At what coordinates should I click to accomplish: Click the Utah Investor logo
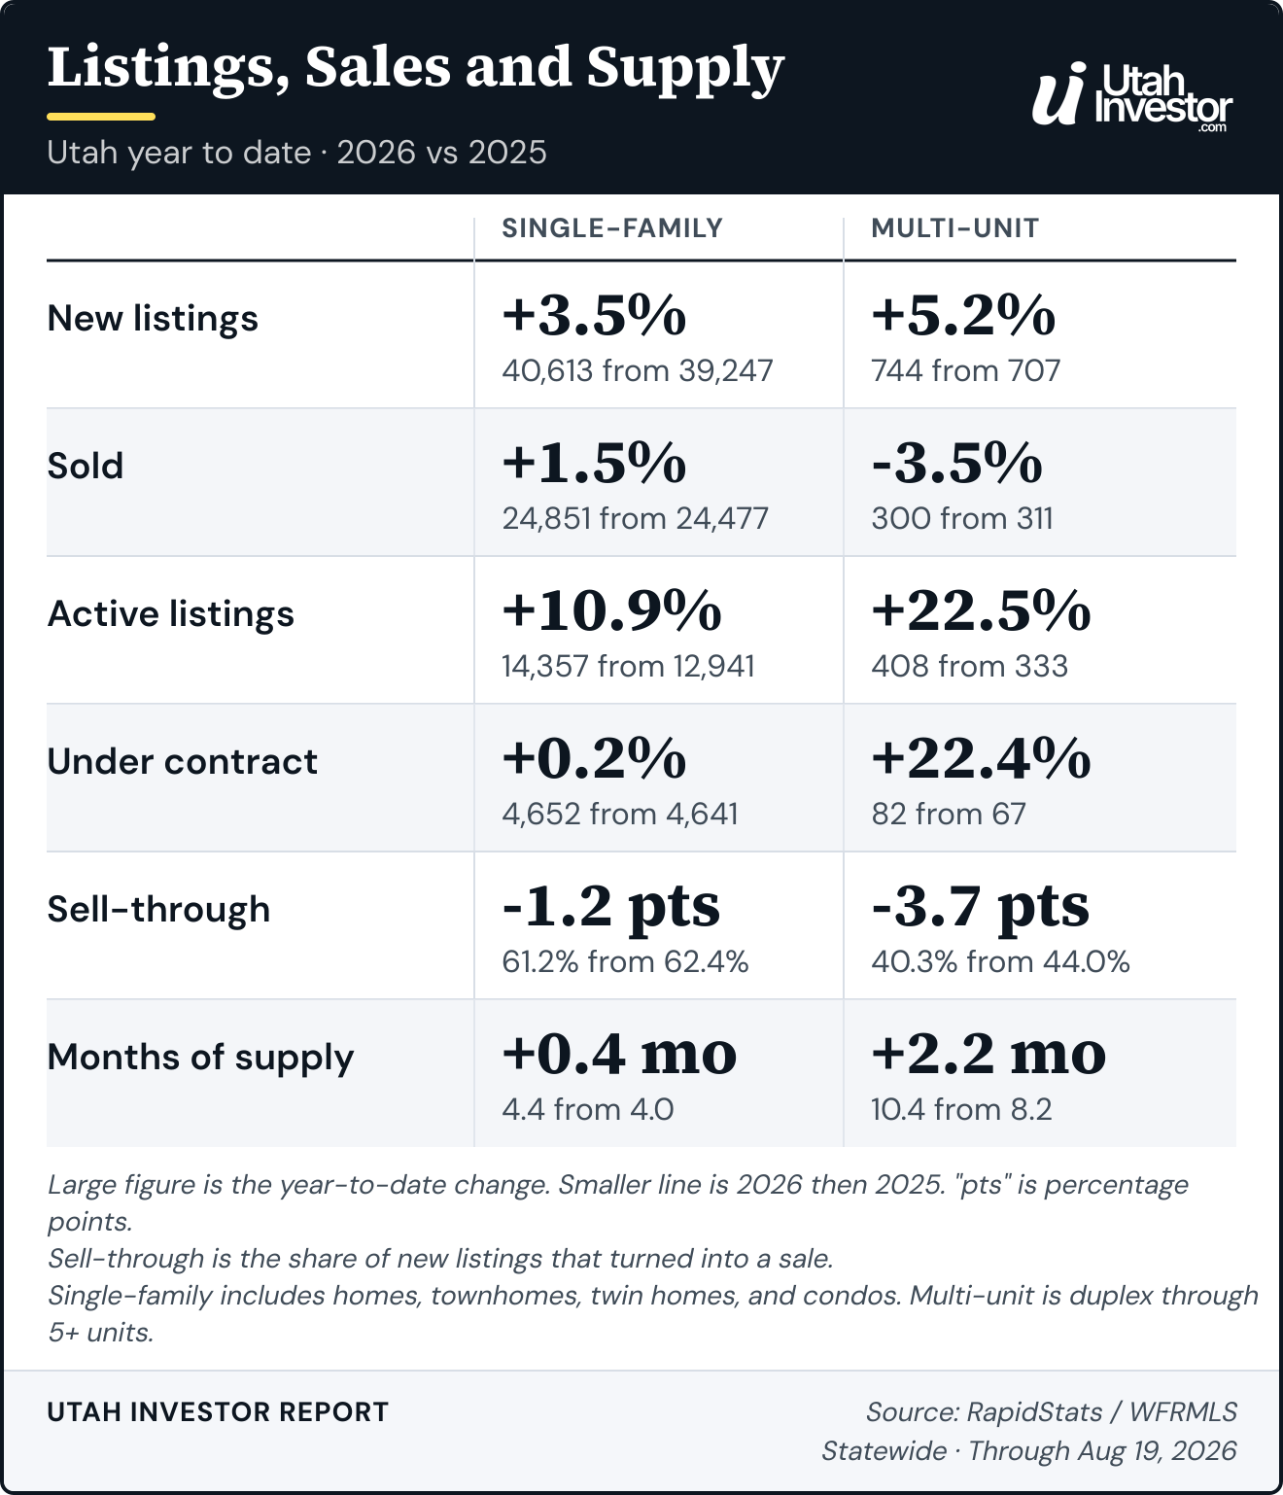point(1132,96)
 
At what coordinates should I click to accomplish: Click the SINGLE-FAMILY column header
point(611,228)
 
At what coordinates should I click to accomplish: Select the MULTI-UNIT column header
point(954,228)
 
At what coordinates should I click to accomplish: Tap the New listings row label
point(153,318)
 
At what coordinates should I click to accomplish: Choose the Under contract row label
point(183,761)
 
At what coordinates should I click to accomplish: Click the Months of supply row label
point(200,1058)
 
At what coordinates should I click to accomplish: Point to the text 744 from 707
point(965,371)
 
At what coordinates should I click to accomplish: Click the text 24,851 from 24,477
point(635,519)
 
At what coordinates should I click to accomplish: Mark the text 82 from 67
point(948,815)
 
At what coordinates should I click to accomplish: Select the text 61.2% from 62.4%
point(625,962)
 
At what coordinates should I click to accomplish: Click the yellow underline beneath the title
point(101,117)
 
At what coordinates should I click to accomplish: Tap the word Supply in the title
point(685,69)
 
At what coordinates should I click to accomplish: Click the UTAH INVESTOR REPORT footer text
point(218,1411)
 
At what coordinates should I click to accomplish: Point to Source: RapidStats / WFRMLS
point(1052,1411)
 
